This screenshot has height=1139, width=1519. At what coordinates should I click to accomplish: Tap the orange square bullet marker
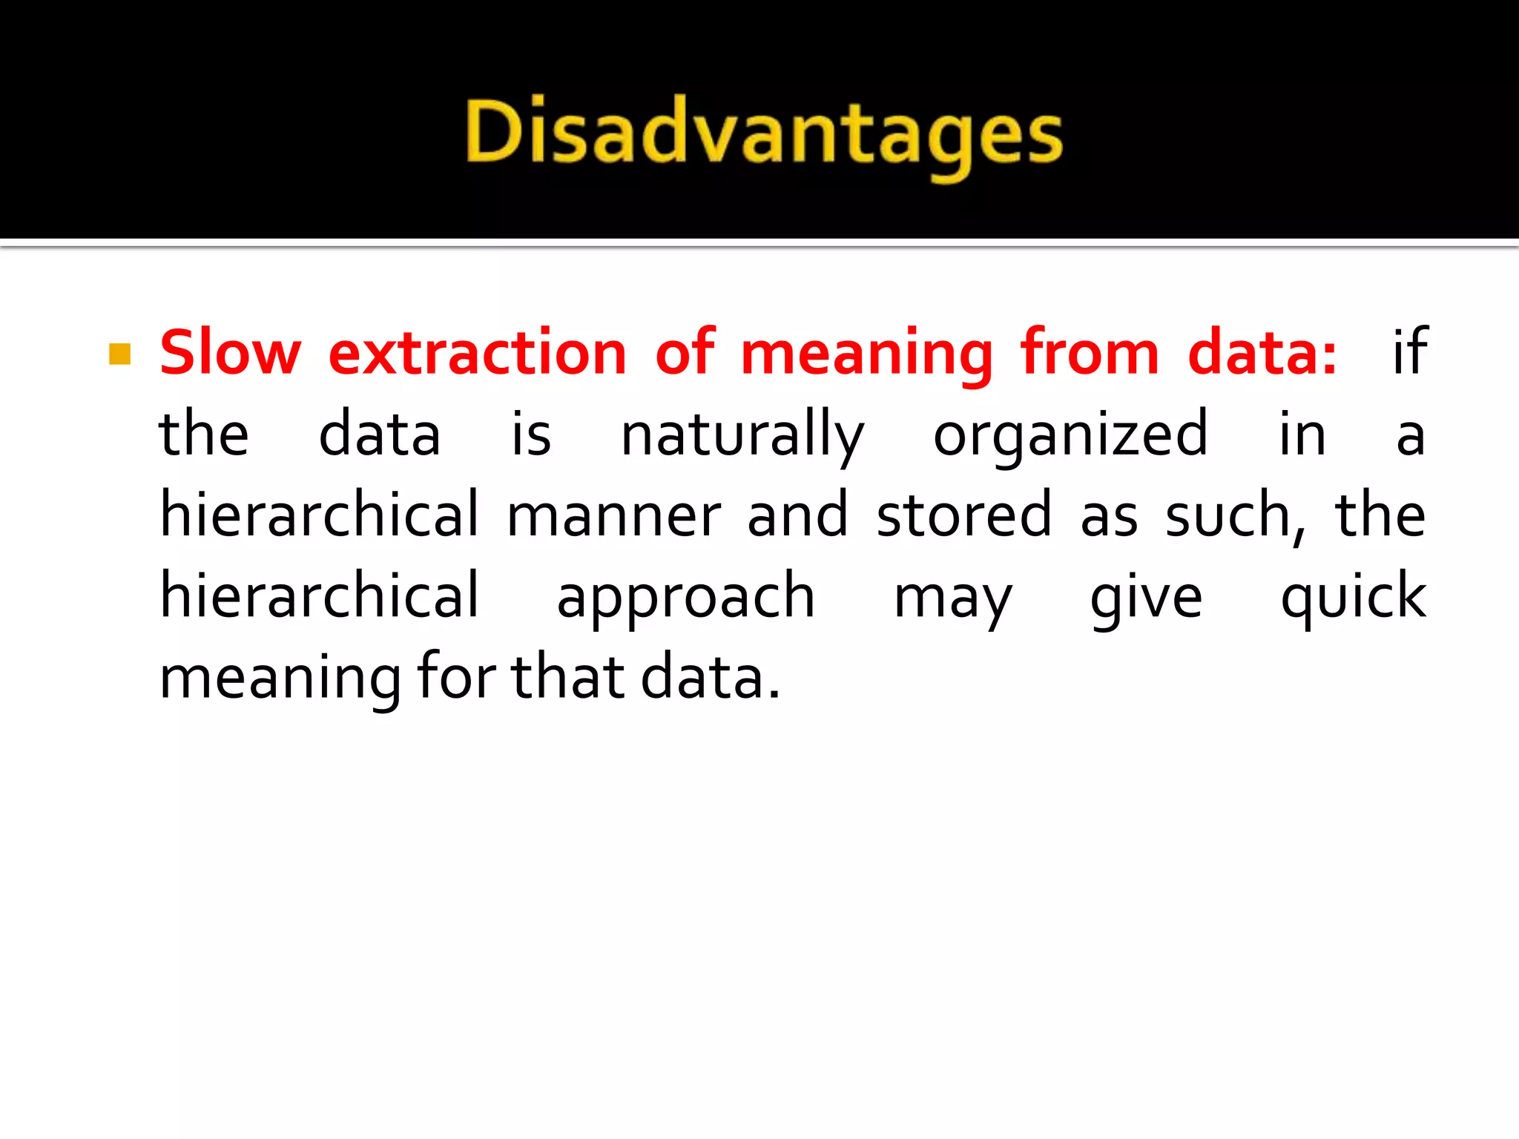(119, 354)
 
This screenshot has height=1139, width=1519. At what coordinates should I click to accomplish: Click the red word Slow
(230, 353)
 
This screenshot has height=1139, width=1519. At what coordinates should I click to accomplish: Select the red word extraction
(478, 353)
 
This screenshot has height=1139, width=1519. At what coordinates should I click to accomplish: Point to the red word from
(1090, 353)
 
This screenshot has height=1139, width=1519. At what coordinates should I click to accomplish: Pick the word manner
(613, 516)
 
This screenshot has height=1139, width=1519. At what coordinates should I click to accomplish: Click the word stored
(963, 516)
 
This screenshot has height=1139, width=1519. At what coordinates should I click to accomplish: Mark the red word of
(685, 353)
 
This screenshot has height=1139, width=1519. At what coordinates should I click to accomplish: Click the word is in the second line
(531, 435)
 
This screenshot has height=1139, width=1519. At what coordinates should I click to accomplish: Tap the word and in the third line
(797, 516)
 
